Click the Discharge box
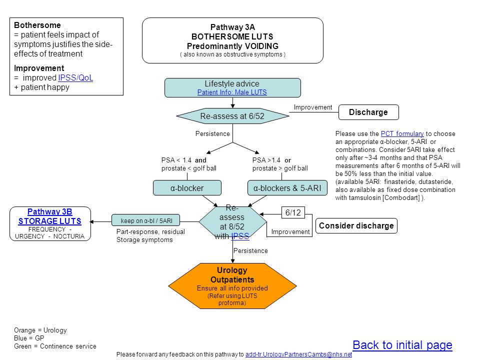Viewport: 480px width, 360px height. (x=368, y=112)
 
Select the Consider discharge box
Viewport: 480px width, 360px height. (x=356, y=226)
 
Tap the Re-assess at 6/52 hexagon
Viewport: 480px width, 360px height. (x=232, y=116)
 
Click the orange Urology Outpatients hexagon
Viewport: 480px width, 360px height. (x=232, y=286)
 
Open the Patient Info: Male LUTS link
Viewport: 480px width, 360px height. (x=232, y=92)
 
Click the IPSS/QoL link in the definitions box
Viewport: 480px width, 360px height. (x=75, y=78)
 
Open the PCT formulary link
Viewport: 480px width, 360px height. (x=402, y=134)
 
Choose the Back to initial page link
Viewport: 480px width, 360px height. (x=402, y=345)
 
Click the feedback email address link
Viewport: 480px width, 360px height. (x=299, y=354)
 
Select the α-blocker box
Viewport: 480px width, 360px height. (x=187, y=188)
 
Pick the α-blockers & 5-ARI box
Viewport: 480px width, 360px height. (x=287, y=188)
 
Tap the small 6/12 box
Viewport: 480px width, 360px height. (x=293, y=212)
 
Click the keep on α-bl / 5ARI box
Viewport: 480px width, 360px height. (x=145, y=220)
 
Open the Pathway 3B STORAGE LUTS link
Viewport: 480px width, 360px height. (x=50, y=216)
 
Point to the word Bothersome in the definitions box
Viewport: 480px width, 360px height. (x=37, y=25)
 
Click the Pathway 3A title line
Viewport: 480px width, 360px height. (x=232, y=27)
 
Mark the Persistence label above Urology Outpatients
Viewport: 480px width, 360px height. (x=250, y=250)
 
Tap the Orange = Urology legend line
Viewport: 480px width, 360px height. (x=40, y=330)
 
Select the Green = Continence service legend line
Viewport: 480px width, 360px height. (x=55, y=346)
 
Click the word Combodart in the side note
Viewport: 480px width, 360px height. (x=402, y=198)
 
